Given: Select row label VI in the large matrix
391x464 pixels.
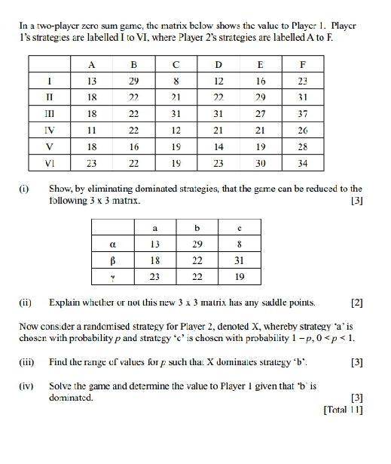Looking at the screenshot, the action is click(x=49, y=164).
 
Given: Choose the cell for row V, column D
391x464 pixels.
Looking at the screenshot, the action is click(x=219, y=147).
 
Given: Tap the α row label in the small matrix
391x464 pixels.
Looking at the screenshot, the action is click(x=111, y=243).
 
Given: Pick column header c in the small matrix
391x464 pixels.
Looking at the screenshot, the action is click(x=238, y=226).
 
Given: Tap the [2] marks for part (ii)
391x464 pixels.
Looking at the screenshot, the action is click(x=356, y=303).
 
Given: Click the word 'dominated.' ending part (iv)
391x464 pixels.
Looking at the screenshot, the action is click(x=71, y=395).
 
